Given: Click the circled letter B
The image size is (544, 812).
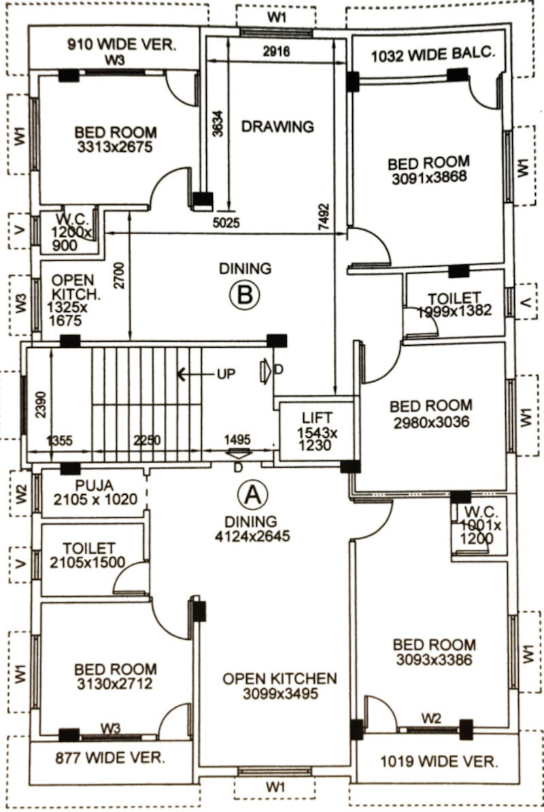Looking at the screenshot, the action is [244, 295].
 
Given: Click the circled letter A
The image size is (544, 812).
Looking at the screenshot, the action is [252, 495].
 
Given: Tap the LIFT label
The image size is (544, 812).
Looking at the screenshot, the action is [318, 417].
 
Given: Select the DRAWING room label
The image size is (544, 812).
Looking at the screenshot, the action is [277, 127].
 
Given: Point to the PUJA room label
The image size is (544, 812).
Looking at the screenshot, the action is [95, 486].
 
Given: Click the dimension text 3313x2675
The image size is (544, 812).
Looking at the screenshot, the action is [115, 147].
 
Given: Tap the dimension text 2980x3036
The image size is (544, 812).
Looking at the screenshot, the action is [431, 422].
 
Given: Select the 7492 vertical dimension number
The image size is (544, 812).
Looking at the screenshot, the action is [324, 217].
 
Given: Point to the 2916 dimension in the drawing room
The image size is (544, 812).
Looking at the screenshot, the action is [276, 52].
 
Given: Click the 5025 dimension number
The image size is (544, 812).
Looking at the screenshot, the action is [226, 223].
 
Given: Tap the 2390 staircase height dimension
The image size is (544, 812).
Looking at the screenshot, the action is [41, 404].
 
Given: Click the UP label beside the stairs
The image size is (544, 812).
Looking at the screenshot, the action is [226, 374].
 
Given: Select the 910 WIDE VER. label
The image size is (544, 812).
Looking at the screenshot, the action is [122, 44].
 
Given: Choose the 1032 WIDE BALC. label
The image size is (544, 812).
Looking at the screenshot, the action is [433, 55].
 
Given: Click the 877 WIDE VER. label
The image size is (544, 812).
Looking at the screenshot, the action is [110, 758].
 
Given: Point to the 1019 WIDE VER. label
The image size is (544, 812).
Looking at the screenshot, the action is [439, 762].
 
